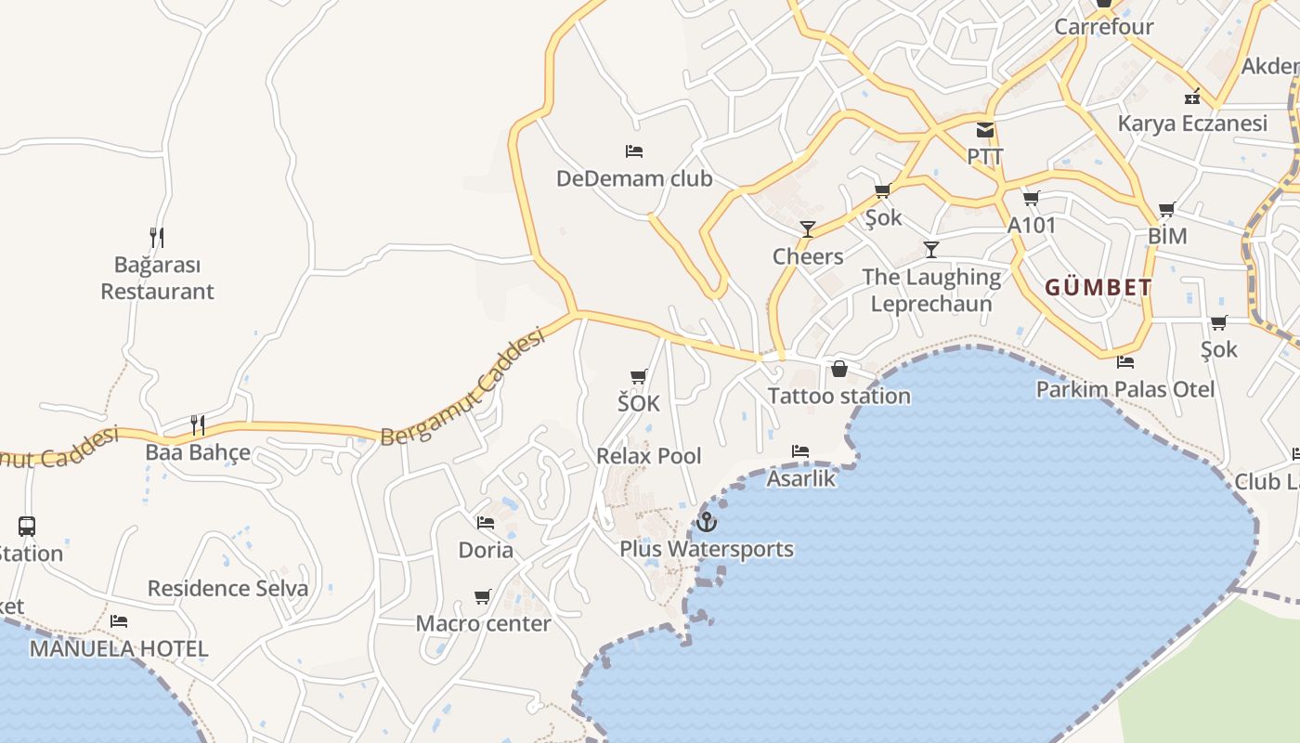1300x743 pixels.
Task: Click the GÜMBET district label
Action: [1098, 287]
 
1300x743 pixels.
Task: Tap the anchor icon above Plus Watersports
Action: [707, 522]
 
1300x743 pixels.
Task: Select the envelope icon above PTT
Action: [985, 130]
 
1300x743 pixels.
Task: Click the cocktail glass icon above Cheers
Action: [808, 229]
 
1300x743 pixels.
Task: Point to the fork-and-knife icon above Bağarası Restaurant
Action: [157, 238]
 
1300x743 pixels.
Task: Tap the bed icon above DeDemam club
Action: [634, 150]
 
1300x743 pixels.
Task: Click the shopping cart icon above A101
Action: [1031, 198]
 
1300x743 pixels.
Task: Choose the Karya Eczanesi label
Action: [1192, 124]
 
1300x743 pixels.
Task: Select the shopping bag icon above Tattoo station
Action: [839, 369]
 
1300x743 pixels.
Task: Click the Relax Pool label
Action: [649, 456]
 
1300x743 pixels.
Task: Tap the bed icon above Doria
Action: [486, 523]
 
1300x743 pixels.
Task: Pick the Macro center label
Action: [483, 623]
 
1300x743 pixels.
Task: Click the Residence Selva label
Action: [227, 588]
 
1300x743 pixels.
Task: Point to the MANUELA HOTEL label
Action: [119, 648]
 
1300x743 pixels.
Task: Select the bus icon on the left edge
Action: [27, 527]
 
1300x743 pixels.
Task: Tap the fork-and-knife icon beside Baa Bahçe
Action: [197, 425]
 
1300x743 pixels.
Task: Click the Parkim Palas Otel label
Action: [1125, 389]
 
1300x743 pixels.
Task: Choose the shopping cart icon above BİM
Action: [1167, 209]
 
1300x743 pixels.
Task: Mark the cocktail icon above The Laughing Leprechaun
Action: [931, 249]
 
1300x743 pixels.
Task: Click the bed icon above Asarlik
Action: [800, 451]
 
